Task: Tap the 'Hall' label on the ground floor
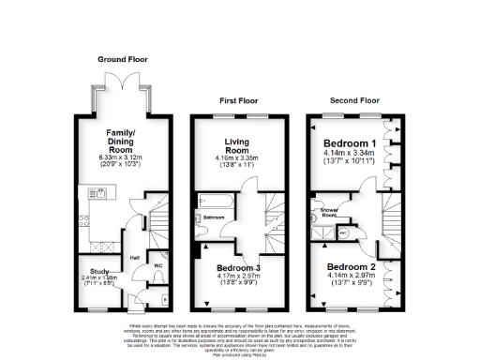click(x=135, y=258)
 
